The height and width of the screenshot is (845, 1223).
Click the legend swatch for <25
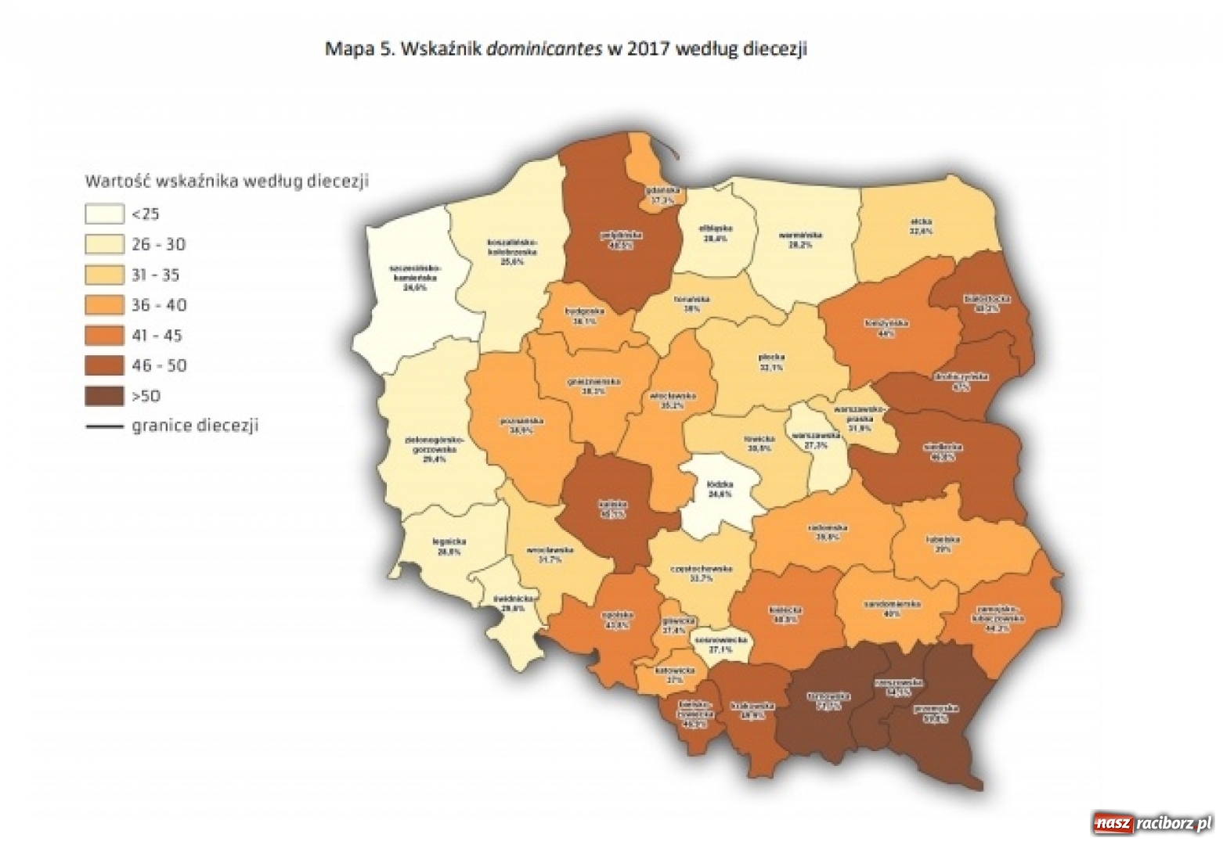(104, 214)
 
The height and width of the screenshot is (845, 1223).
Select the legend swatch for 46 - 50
(104, 366)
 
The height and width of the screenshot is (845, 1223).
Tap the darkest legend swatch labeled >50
(104, 397)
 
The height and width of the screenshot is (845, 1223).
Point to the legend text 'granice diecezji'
(195, 426)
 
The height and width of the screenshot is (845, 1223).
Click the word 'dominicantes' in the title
(544, 49)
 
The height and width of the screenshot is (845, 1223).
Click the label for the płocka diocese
(770, 361)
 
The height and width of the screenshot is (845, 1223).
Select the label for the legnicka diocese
(449, 545)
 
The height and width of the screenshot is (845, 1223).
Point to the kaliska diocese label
(611, 509)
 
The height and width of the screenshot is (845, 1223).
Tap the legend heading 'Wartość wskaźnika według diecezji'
(226, 182)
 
